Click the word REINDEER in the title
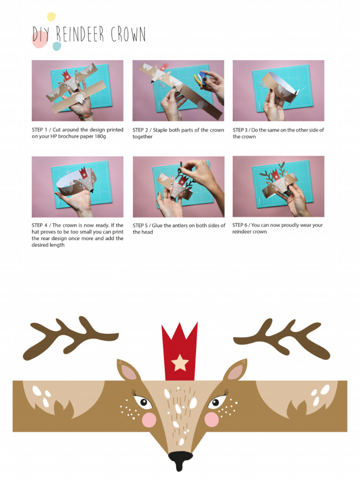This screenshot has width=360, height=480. coord(81,35)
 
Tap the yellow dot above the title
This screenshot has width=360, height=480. coord(51,17)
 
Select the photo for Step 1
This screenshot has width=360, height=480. coord(77,90)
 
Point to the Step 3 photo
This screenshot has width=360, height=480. coord(278,90)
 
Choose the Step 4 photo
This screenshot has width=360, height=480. coord(77,187)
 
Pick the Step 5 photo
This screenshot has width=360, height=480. coord(178,187)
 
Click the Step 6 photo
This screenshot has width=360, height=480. coord(278,186)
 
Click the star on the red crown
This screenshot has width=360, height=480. coord(180,362)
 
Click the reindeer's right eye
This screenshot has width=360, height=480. coord(216,402)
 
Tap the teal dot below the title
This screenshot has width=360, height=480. coord(57,46)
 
